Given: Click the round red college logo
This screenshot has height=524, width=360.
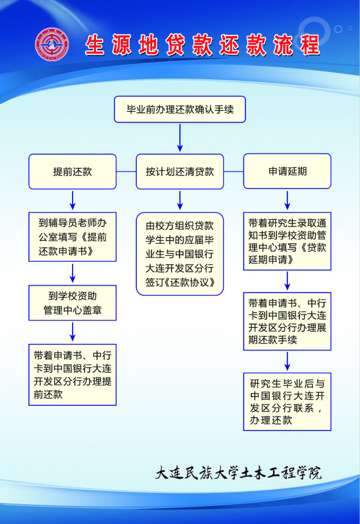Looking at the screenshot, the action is pos(52,44).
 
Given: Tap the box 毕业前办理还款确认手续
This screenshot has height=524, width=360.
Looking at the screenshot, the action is pos(180,109).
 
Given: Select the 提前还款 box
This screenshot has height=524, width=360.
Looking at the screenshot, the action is pos(73,172).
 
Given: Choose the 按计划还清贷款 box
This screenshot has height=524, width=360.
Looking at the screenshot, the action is pos(180,172).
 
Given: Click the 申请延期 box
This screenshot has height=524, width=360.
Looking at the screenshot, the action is pos(287,171).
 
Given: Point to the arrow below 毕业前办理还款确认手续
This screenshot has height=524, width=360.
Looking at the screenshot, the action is pos(180,137).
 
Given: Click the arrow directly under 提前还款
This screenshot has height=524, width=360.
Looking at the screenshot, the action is pos(73,200).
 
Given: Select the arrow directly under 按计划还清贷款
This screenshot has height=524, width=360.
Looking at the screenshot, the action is pos(180,200).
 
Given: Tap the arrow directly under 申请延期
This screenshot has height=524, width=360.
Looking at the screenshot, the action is pos(287,200).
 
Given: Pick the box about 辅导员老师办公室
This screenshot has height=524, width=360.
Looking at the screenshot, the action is pos(73,237).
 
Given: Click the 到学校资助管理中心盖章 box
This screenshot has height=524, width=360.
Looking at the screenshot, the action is pos(73,303).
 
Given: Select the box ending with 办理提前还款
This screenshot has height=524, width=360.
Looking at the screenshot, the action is pos(73,375).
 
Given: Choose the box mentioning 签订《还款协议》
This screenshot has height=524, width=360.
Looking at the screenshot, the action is pos(180,254).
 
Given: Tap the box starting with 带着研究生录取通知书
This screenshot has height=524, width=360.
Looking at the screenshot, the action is pos(287,241).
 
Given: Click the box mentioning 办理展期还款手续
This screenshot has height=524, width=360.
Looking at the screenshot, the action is pos(287,321).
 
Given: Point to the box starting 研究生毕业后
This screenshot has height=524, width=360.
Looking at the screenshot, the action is pos(287,402).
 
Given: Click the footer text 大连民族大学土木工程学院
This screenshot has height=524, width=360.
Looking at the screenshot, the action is pos(238,472).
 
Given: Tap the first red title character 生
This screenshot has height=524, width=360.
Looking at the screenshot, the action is pos(95,45).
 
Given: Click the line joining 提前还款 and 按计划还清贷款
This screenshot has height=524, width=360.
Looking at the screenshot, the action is pos(126,172).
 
